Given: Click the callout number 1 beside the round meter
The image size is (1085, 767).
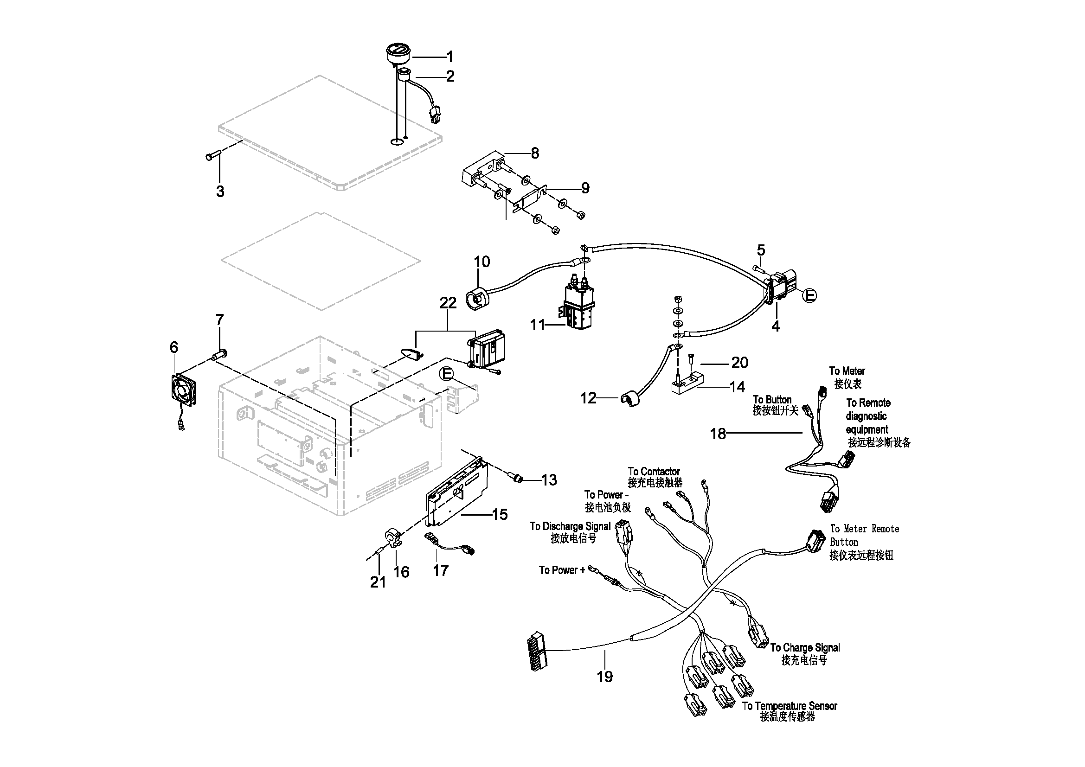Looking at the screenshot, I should (450, 57).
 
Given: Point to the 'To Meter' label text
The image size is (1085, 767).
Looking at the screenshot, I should (847, 371).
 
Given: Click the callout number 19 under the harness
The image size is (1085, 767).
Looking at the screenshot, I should (605, 677).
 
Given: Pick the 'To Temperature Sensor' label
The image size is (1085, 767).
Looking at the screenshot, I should (790, 706).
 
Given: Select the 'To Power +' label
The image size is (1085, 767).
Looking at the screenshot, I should (561, 570).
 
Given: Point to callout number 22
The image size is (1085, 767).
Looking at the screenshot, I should (448, 303).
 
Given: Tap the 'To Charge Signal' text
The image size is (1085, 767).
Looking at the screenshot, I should (805, 647).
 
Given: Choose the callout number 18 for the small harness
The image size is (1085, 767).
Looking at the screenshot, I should (718, 434).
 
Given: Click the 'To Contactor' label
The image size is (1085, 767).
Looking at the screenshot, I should (654, 471).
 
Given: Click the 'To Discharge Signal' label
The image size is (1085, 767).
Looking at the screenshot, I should (570, 526).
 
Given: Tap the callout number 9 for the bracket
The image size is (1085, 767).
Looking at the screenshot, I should (585, 188).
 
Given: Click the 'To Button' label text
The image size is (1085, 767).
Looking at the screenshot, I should (772, 400).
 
